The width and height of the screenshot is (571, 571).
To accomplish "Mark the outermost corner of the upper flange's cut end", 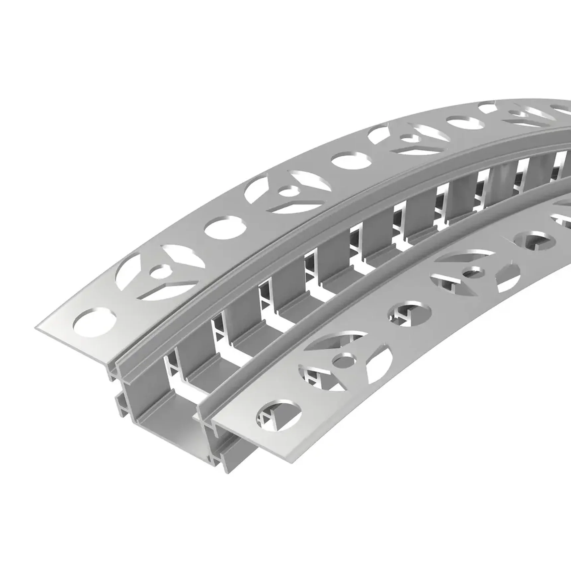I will click(36, 328).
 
